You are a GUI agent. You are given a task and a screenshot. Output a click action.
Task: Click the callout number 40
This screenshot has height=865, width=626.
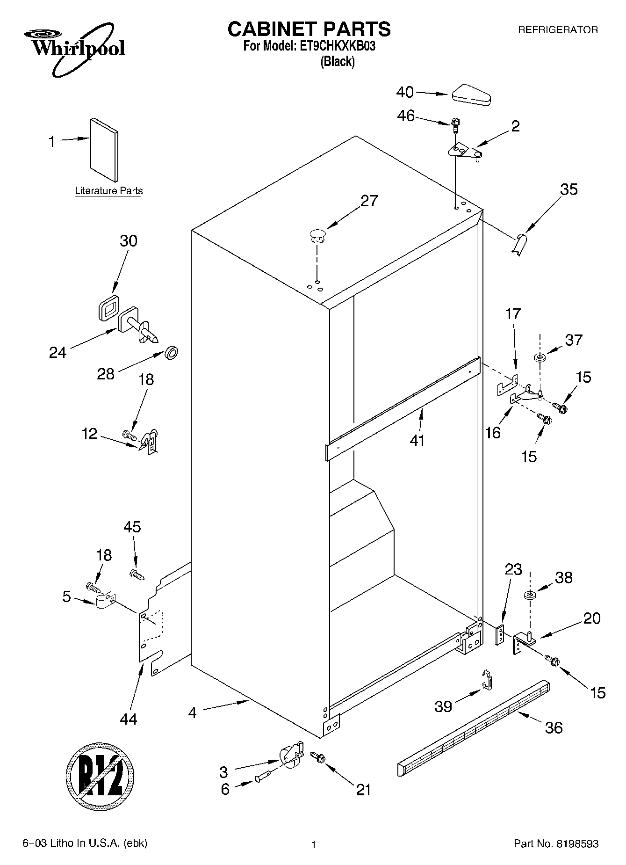click(x=405, y=92)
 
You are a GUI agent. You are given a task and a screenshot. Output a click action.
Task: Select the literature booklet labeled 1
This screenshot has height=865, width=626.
click(x=104, y=149)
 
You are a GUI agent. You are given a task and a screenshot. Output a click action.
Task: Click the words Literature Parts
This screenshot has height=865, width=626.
click(x=109, y=191)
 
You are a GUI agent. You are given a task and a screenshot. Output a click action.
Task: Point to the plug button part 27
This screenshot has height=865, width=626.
click(x=317, y=235)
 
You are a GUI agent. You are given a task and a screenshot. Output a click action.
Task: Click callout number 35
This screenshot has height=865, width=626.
click(x=568, y=189)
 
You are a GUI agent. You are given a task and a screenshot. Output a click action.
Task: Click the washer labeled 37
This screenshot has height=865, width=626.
click(x=540, y=358)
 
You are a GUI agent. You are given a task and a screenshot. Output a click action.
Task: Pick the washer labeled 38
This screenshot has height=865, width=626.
click(x=530, y=596)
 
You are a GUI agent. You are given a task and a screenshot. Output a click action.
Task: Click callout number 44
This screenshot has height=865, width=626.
click(x=128, y=718)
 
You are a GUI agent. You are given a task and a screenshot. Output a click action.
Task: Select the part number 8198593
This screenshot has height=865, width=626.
click(x=577, y=844)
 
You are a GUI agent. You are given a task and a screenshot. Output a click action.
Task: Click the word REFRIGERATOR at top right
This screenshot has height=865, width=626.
click(x=557, y=30)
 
